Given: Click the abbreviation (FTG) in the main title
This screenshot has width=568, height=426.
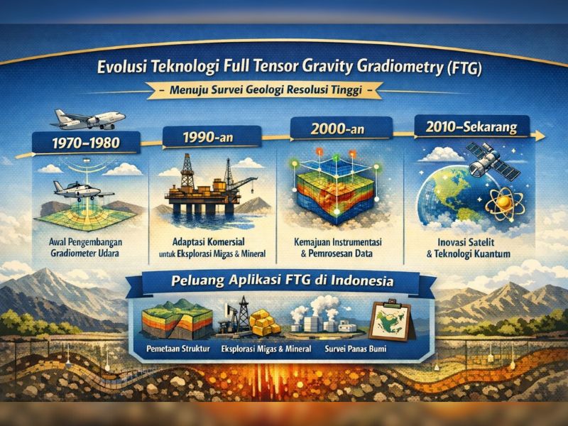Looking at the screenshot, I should coord(462,71).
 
